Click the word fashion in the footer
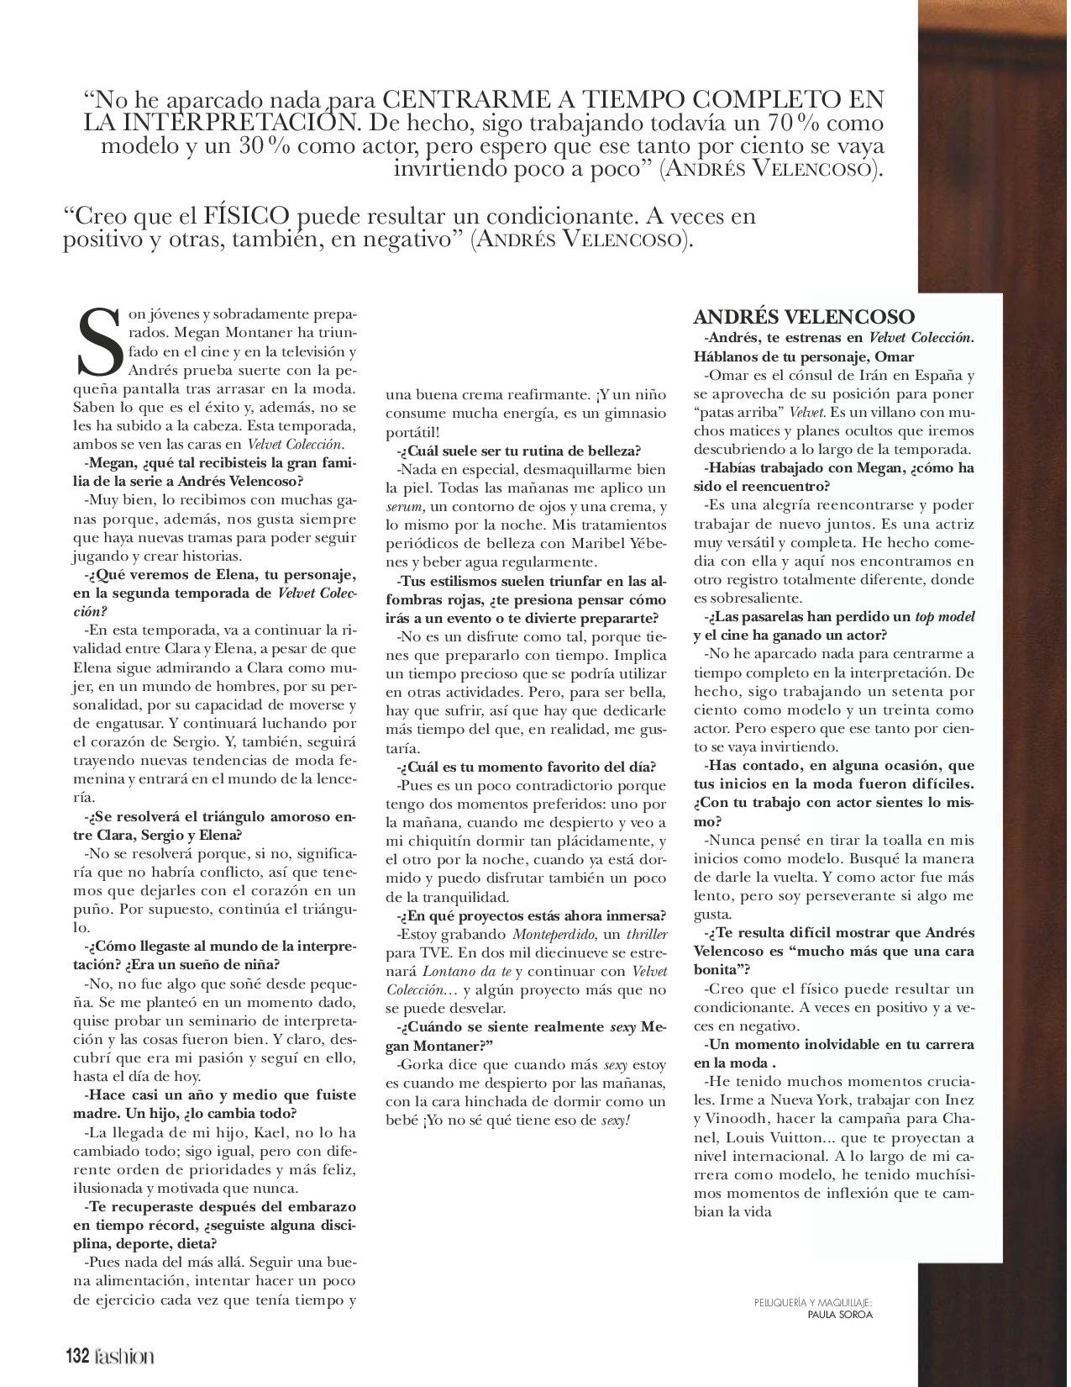point(123,1356)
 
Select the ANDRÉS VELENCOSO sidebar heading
point(804,317)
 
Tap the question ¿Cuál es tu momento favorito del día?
point(528,767)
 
